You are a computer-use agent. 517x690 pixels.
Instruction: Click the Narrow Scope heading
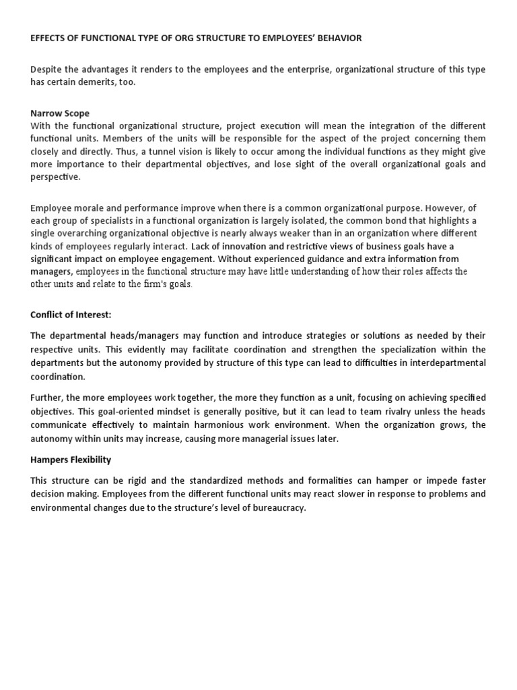[60, 113]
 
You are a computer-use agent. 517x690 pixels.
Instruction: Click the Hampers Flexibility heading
[71, 460]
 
